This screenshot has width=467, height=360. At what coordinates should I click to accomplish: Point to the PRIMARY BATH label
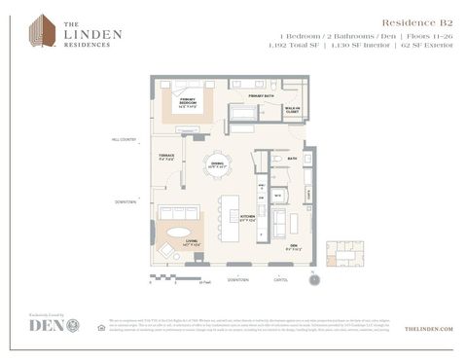[260, 96]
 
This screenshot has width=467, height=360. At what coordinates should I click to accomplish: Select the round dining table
[217, 164]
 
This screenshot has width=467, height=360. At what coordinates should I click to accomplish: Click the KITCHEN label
[247, 218]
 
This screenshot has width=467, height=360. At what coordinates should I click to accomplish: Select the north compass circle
[313, 280]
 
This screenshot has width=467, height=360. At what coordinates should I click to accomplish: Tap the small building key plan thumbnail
[343, 254]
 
